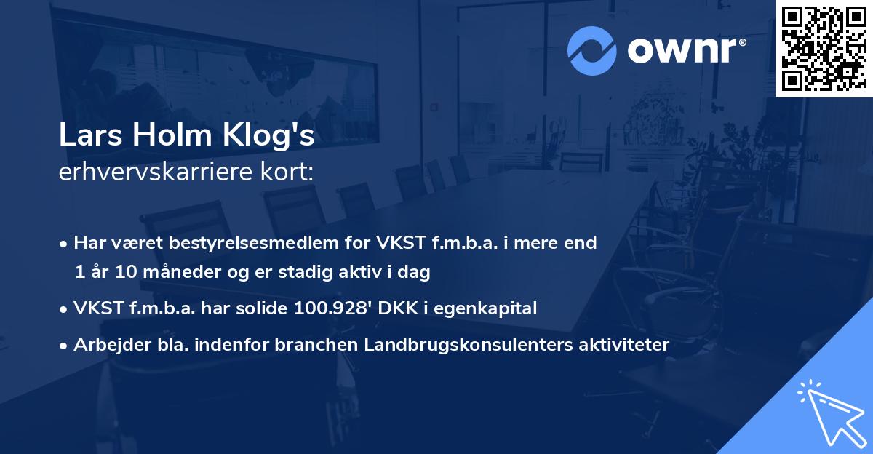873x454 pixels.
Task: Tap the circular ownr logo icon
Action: (591, 51)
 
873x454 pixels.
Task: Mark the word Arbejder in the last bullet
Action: (105, 345)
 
